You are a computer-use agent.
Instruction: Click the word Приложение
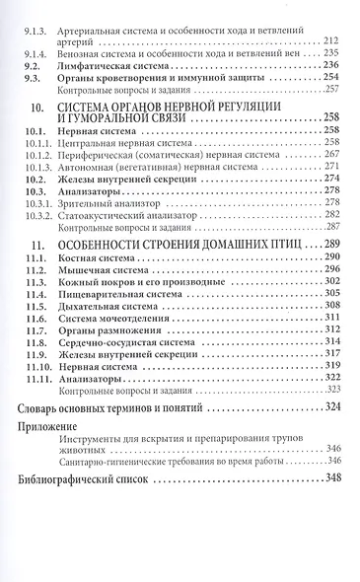pos(50,426)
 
